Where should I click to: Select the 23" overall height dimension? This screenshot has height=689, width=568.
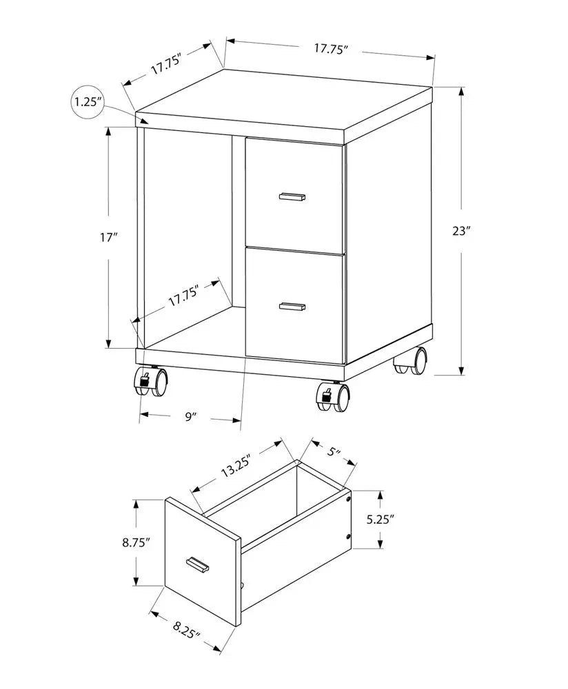460,232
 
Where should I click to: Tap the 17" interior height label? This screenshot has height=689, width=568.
109,238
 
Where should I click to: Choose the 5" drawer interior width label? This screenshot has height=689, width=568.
335,452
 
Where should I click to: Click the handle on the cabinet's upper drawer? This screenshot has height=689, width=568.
293,197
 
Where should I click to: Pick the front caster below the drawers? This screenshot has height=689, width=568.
334,397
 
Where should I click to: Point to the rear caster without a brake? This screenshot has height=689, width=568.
412,361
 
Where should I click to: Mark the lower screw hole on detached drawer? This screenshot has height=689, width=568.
349,536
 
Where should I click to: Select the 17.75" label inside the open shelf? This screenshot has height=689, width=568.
183,297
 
